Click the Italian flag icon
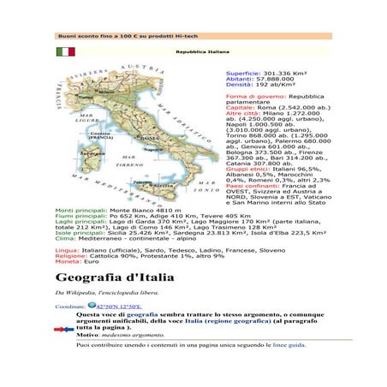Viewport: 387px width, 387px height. click(x=65, y=52)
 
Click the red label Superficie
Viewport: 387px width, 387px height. click(x=242, y=74)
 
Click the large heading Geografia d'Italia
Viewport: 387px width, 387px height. click(x=115, y=278)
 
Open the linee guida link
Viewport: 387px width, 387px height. click(x=289, y=345)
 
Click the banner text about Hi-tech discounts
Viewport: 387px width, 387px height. click(x=119, y=36)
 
